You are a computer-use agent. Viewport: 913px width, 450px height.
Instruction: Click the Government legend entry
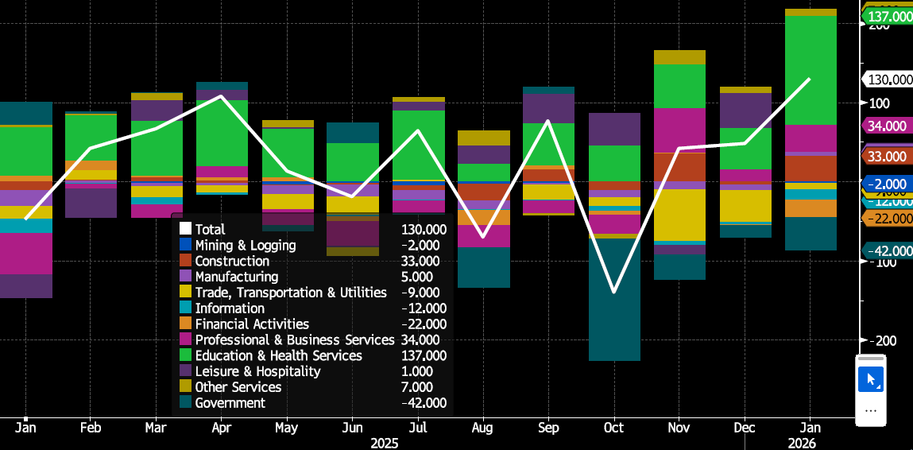(230, 403)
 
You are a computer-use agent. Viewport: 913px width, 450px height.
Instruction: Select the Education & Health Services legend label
(278, 355)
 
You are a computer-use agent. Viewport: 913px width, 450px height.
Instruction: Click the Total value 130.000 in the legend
(424, 230)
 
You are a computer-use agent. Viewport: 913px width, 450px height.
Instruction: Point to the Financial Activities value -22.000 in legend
(424, 324)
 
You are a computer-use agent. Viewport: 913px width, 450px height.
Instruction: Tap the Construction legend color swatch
(185, 262)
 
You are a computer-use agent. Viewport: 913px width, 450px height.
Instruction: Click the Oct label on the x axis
(614, 428)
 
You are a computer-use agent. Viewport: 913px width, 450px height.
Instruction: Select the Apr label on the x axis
(222, 428)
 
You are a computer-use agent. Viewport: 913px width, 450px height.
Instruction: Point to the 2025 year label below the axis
(384, 443)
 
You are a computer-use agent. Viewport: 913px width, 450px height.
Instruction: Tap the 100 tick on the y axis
(880, 103)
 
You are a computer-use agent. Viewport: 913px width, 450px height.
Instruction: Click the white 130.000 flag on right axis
(888, 80)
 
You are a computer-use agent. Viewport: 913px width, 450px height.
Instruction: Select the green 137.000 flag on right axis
(888, 17)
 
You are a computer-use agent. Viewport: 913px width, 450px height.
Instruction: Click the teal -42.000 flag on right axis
(888, 251)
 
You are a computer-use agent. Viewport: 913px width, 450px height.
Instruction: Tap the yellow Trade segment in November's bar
(679, 215)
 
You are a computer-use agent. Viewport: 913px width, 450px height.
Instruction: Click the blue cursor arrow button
(870, 379)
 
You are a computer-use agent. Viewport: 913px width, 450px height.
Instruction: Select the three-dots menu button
(870, 410)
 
